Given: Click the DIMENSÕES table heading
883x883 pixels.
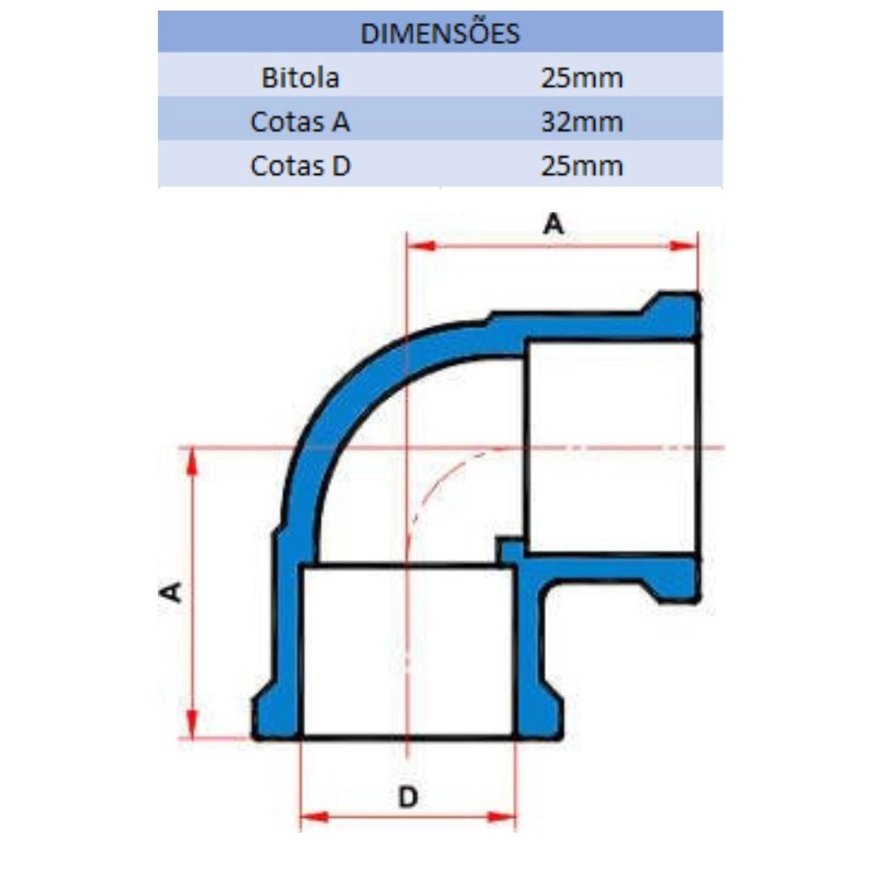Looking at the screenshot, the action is (x=440, y=34).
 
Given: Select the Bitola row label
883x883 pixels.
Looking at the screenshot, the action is (x=300, y=78).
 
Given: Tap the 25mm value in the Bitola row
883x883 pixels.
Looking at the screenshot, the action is (x=582, y=79).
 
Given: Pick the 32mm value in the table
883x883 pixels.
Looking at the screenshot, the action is (x=582, y=122).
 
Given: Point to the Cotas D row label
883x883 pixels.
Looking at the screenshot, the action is (x=300, y=166).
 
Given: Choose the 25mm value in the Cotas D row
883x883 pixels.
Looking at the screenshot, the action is (x=582, y=166).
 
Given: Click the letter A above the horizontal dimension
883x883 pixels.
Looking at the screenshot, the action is (x=553, y=223).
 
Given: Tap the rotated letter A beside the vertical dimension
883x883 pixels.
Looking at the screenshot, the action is (x=170, y=592).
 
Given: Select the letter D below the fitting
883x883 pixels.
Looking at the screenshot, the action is (x=408, y=796).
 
